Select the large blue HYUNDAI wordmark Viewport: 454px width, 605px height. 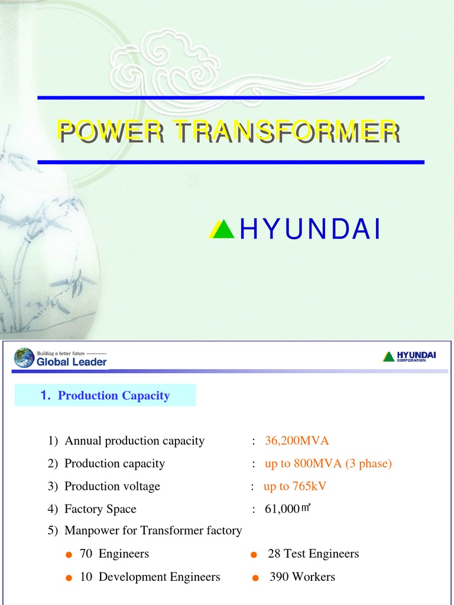[309, 230]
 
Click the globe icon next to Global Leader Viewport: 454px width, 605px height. [24, 358]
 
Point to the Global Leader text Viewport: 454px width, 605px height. [72, 362]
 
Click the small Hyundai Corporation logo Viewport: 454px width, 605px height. [409, 356]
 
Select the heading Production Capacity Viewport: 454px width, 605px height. [113, 396]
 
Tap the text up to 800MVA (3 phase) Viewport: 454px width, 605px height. [328, 464]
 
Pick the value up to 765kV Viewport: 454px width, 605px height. [295, 486]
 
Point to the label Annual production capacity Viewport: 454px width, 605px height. [134, 441]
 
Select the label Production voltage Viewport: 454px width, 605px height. [112, 486]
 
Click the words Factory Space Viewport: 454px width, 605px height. [100, 509]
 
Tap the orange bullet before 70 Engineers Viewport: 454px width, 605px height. [69, 555]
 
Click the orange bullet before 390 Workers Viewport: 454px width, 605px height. [255, 578]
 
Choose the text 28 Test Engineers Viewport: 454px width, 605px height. [313, 554]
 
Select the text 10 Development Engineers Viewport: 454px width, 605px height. [150, 577]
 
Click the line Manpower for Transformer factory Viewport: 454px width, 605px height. [153, 531]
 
